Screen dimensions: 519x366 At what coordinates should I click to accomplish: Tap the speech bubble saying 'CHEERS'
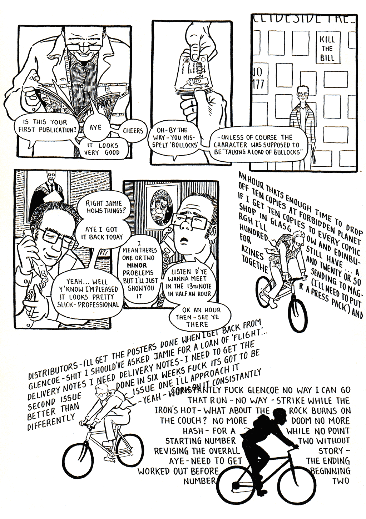coord(133,131)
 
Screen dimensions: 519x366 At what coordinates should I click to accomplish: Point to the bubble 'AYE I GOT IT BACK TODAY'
coord(104,233)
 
